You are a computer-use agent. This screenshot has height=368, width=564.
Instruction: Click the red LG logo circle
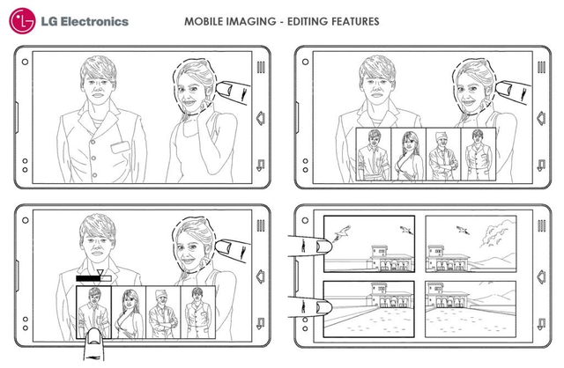(x=22, y=21)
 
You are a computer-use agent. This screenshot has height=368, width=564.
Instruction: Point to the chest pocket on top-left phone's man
(x=120, y=147)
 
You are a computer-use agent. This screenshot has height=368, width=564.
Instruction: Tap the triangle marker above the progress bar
(x=100, y=272)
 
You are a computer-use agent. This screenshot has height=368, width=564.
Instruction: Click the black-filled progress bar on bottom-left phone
(x=88, y=278)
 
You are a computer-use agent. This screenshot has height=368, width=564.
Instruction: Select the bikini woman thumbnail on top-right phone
(x=408, y=154)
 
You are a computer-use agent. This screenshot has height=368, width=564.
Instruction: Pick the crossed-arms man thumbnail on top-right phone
(x=443, y=154)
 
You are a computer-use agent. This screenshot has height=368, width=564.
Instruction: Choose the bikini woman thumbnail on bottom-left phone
(x=129, y=313)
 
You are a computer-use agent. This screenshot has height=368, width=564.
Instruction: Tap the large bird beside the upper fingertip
(x=342, y=233)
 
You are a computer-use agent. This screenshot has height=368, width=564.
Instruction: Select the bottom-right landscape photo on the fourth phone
(x=471, y=309)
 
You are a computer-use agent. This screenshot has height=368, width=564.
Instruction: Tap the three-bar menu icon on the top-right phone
(x=541, y=67)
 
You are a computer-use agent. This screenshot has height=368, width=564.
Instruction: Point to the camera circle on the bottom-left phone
(x=26, y=220)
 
